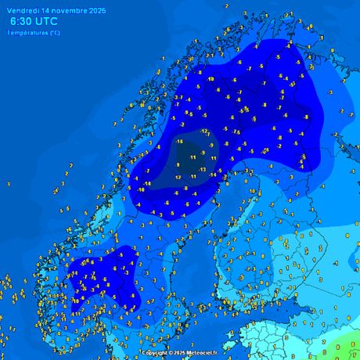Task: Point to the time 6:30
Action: pos(20,22)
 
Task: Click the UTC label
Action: pos(47,22)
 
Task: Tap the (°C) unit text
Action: pos(54,32)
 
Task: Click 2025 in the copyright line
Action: pos(180,353)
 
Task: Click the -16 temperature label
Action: pos(180,142)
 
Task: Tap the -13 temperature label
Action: pos(202,169)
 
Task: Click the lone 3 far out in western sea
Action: pos(9,184)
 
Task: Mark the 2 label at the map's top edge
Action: pos(226,5)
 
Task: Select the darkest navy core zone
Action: pos(188,160)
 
